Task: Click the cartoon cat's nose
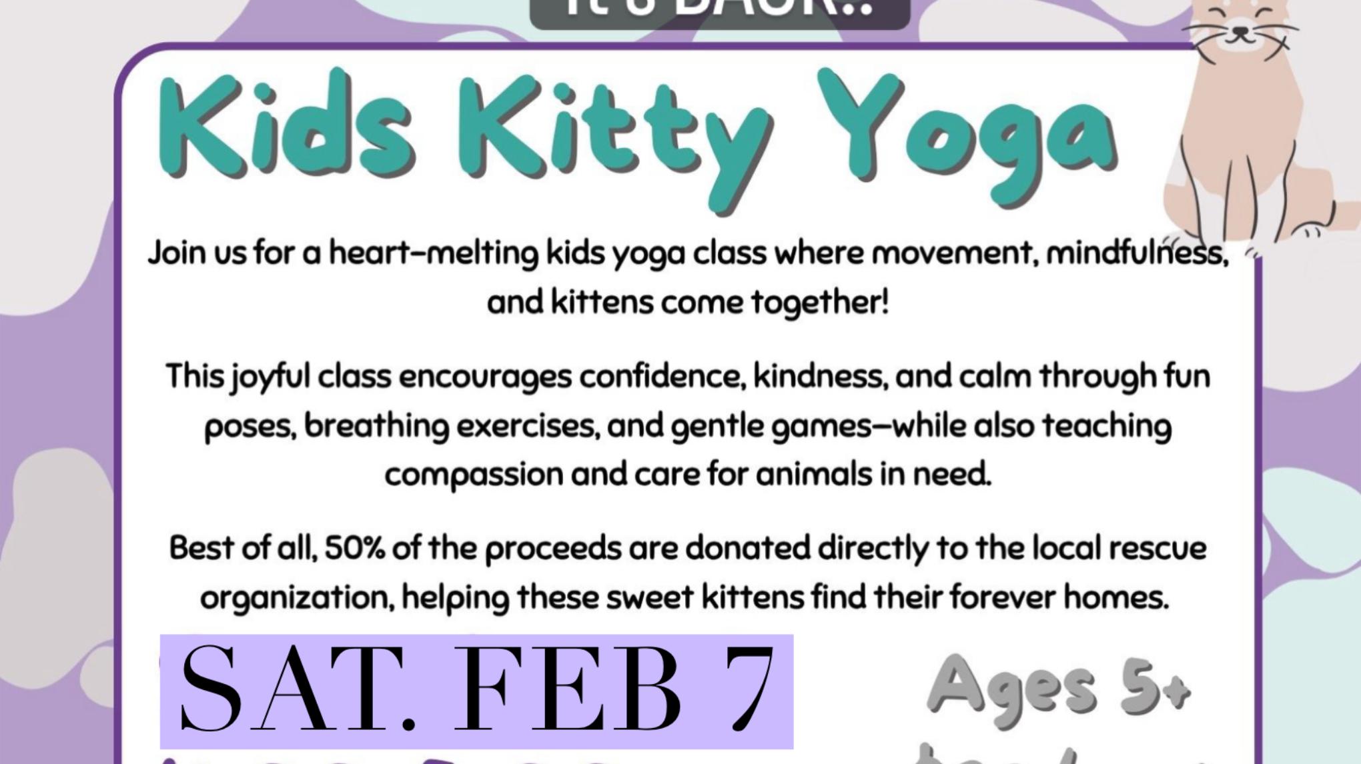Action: pyautogui.click(x=1240, y=30)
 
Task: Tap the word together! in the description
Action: pyautogui.click(x=821, y=303)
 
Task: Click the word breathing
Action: pyautogui.click(x=376, y=426)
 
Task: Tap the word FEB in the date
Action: pyautogui.click(x=567, y=690)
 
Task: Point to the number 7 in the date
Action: pyautogui.click(x=751, y=690)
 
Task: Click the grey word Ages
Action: pyautogui.click(x=1011, y=687)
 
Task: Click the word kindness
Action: pyautogui.click(x=821, y=377)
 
